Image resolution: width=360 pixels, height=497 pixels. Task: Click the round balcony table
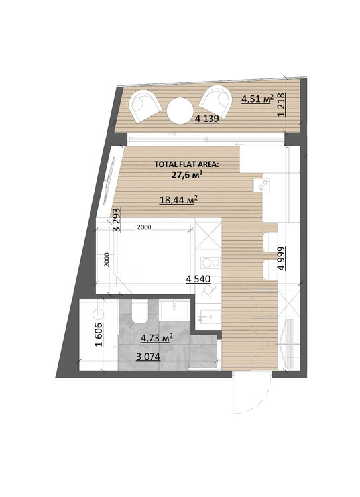180,111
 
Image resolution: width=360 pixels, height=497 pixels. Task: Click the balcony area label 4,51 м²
257,99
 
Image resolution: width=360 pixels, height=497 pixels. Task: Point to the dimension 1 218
282,105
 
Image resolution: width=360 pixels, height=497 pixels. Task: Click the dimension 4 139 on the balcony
207,119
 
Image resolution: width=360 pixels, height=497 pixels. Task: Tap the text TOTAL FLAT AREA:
187,164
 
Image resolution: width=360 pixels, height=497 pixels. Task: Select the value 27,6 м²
187,174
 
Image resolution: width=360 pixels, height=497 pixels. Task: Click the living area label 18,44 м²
179,200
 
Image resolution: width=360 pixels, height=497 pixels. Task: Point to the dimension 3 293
117,219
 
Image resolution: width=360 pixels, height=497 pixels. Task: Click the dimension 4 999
281,258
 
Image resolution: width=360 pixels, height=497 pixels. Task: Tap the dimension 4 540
198,279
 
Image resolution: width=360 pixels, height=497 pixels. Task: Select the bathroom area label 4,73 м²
156,338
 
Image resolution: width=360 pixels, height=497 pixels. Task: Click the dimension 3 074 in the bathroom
148,357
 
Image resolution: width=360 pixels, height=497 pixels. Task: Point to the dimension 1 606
99,335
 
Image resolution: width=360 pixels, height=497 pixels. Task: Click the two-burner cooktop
211,263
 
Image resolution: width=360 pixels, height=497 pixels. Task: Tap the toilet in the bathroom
140,311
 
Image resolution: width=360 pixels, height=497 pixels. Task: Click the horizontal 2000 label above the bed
144,227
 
